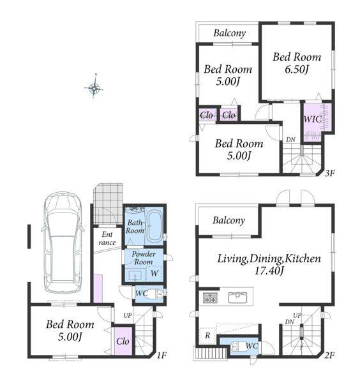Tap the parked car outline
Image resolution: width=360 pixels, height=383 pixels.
(x=63, y=243)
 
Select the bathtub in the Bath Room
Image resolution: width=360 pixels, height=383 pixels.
(x=154, y=227)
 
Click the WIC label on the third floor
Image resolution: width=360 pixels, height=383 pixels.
(x=312, y=119)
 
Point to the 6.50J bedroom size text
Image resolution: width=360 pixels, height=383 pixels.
(x=297, y=70)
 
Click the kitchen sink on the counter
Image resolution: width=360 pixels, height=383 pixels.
(x=237, y=297)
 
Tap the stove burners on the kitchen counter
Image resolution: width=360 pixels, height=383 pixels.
(x=210, y=297)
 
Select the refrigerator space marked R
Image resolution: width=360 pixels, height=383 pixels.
(x=207, y=335)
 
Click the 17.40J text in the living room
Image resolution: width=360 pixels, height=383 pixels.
(x=269, y=271)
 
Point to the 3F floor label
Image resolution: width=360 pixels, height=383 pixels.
(x=329, y=174)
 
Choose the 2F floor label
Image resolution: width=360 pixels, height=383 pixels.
(x=329, y=355)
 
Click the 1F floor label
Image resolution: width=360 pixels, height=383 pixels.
(x=161, y=355)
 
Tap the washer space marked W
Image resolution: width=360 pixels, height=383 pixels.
(x=154, y=273)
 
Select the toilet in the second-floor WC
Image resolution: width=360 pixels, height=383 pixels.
(x=238, y=347)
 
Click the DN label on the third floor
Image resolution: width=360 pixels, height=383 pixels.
(x=290, y=140)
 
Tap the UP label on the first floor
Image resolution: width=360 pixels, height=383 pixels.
(x=127, y=315)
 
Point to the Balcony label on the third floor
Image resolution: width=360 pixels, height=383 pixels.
(x=229, y=33)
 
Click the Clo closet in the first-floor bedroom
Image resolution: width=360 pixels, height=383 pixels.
(x=123, y=341)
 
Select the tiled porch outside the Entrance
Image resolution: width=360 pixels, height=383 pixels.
(x=109, y=204)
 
